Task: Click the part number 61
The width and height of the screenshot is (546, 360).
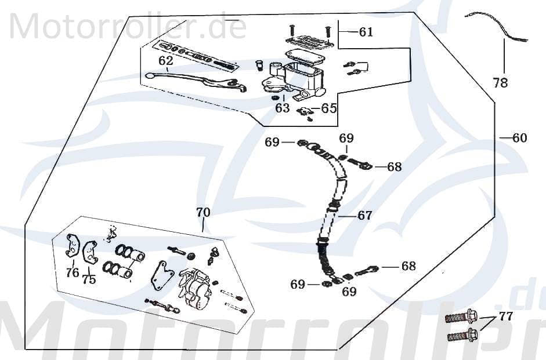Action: click(x=366, y=32)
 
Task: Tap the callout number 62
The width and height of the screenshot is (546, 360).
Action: click(x=165, y=60)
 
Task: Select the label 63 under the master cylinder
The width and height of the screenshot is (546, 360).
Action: click(x=282, y=108)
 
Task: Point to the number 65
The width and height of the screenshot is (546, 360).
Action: click(x=329, y=108)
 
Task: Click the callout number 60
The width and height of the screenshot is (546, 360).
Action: click(x=519, y=138)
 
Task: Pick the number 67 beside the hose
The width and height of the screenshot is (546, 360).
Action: click(x=364, y=216)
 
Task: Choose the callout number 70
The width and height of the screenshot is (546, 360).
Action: click(x=203, y=212)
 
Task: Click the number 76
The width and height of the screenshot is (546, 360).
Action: click(x=72, y=272)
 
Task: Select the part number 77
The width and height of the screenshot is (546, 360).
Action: click(x=506, y=317)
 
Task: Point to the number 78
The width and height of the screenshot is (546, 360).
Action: click(x=500, y=83)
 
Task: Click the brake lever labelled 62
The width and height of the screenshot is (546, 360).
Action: click(x=191, y=77)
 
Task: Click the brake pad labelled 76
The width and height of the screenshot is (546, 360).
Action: click(x=72, y=245)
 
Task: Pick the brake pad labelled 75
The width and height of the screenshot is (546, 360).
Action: click(x=90, y=251)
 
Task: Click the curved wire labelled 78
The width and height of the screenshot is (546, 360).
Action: click(x=493, y=26)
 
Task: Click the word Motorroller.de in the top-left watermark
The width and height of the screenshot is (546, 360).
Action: click(x=127, y=27)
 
